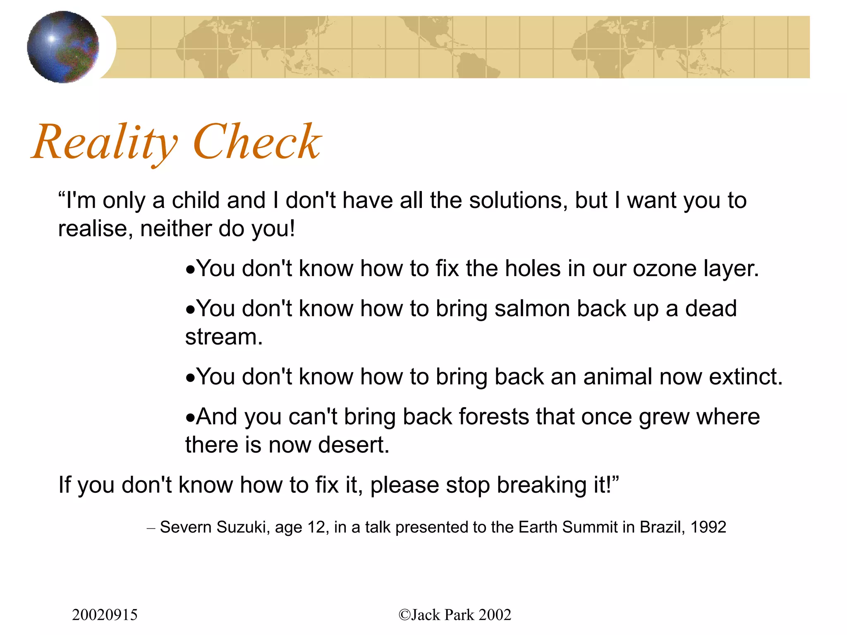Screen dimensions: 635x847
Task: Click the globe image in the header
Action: click(63, 47)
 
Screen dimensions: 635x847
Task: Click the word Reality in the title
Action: click(105, 143)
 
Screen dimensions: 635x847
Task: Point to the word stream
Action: click(224, 337)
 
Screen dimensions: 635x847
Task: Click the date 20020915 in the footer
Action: click(105, 615)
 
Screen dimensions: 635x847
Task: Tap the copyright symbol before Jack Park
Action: click(404, 615)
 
